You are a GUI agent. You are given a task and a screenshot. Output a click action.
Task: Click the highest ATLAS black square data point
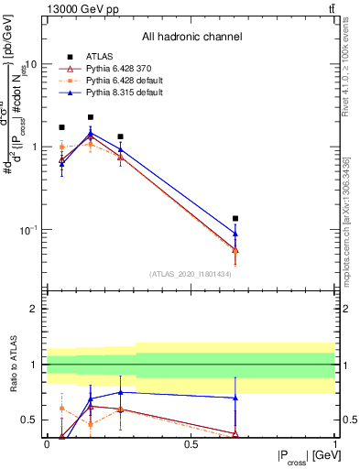point(91,117)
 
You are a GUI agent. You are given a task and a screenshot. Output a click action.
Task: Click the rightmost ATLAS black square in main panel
point(235,219)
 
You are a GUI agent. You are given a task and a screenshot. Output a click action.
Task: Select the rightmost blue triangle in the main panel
point(235,234)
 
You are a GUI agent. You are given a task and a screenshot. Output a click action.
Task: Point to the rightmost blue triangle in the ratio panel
point(235,398)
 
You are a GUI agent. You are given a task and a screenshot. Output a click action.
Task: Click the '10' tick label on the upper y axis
point(30,65)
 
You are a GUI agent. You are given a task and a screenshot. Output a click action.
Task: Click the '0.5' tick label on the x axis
point(191,443)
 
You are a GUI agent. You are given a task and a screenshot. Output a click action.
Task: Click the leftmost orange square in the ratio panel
point(61,409)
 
